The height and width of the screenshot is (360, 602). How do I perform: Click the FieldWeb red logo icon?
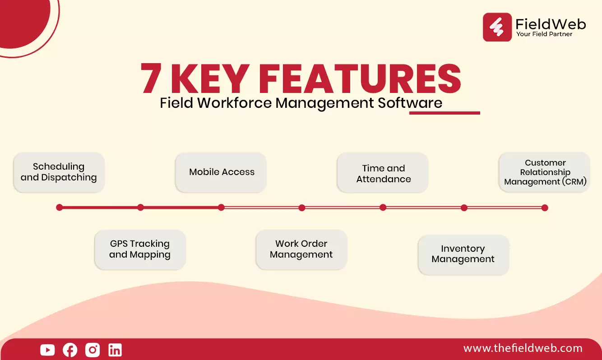tap(497, 27)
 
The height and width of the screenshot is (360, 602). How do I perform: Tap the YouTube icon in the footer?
tap(47, 350)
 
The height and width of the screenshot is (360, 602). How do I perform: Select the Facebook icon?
tap(70, 350)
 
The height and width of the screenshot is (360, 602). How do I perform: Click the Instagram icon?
tap(93, 350)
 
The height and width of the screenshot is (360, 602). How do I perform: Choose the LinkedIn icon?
tap(115, 350)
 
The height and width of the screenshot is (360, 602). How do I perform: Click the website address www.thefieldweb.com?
tap(523, 348)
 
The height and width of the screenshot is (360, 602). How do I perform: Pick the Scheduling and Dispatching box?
tap(59, 172)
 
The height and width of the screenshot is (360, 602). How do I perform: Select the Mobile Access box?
tap(221, 172)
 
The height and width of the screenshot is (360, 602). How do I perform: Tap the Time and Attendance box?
tap(383, 172)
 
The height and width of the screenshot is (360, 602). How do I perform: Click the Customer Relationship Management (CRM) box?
tap(545, 172)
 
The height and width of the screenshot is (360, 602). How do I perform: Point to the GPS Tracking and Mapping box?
tap(140, 249)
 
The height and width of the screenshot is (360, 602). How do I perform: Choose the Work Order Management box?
tap(301, 249)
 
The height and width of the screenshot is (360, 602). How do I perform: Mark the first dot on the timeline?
tap(60, 208)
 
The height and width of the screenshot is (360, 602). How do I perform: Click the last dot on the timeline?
tap(545, 208)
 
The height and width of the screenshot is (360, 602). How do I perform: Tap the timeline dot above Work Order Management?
tap(302, 208)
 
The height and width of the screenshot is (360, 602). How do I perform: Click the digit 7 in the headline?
tap(151, 78)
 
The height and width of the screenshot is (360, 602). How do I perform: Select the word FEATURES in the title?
tap(360, 78)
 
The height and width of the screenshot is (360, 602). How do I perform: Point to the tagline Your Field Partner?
tap(544, 34)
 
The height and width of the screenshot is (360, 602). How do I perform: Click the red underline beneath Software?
tap(445, 113)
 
